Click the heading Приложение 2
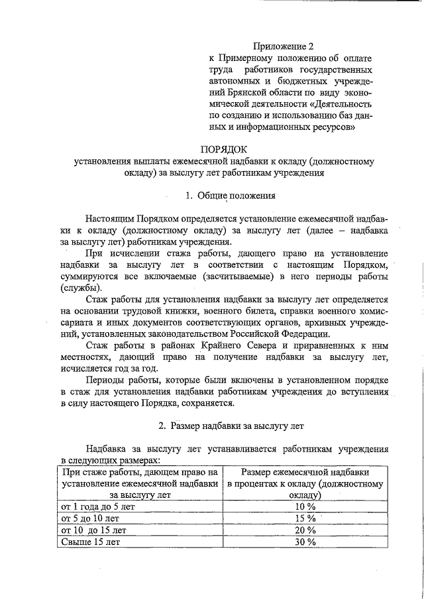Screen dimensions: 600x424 [283, 46]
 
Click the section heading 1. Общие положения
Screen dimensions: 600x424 [226, 196]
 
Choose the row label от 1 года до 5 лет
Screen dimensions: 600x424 [98, 507]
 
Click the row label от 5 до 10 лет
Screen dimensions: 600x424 [90, 518]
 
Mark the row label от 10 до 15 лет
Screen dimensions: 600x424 [93, 530]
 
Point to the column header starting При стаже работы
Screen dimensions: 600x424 [140, 483]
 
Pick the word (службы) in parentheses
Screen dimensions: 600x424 [80, 288]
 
